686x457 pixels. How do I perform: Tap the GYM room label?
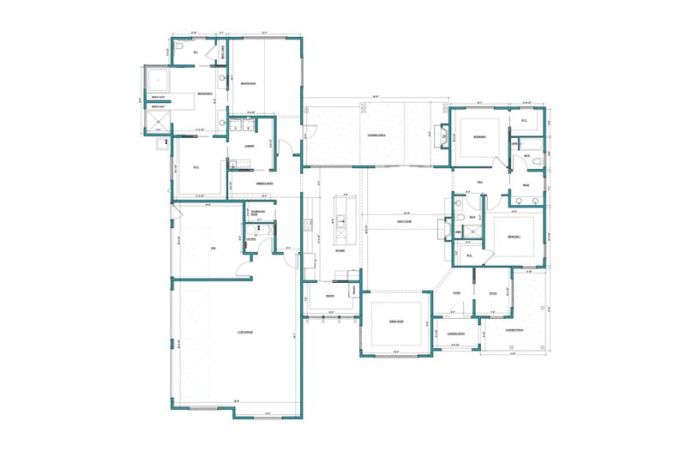point(212,248)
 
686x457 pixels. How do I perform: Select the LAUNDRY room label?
point(248,146)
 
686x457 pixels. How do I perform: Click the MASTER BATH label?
point(205,93)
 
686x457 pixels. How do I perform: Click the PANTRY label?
point(328,297)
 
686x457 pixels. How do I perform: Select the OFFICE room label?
point(492,294)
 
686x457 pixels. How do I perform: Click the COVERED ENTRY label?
point(454,334)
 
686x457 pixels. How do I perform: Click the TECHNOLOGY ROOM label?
point(256,212)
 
